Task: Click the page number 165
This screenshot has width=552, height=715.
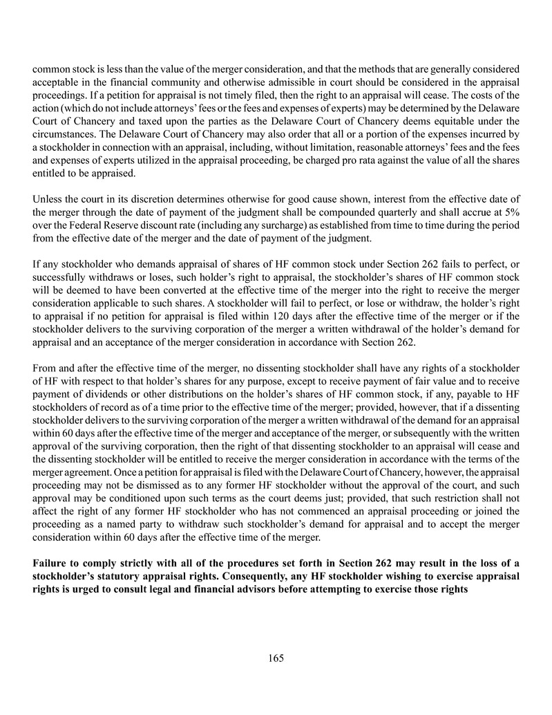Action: pos(276,658)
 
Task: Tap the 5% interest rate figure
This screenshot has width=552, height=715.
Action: pos(511,213)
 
